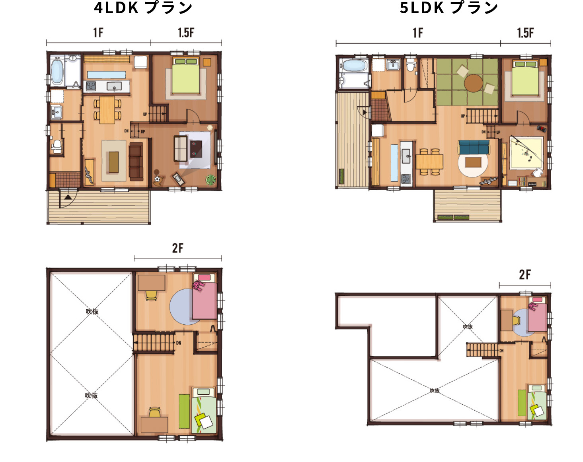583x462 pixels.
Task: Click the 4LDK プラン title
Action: point(143,8)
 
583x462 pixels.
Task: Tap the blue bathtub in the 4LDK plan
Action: point(57,72)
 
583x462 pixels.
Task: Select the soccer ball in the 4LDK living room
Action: point(157,179)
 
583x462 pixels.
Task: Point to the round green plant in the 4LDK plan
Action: point(211,179)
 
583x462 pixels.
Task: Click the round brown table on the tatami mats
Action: point(473,83)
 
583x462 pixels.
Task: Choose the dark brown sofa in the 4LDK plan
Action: point(136,162)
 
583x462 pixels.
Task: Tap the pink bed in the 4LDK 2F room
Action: point(205,296)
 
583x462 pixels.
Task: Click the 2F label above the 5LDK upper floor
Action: point(525,275)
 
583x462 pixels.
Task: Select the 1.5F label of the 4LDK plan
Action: point(186,33)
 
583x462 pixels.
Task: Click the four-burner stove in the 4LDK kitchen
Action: point(91,86)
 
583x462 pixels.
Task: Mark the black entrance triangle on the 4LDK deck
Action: point(68,197)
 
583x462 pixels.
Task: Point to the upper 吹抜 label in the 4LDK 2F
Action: point(92,311)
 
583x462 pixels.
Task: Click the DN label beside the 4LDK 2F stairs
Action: point(179,343)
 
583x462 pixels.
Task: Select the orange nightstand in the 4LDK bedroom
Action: point(207,62)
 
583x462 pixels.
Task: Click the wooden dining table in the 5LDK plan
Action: point(429,162)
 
